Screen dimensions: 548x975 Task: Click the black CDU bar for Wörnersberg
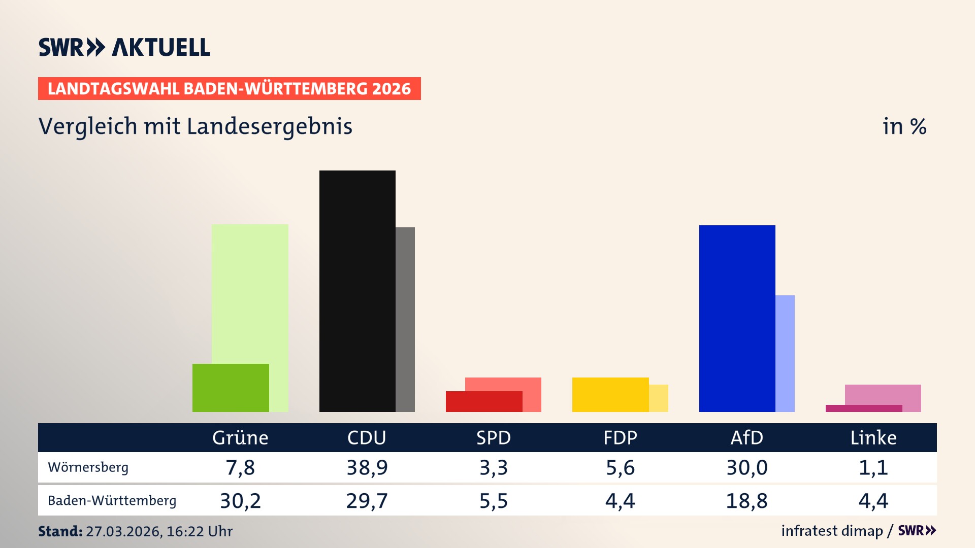point(357,291)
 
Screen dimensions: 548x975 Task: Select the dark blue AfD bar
point(737,318)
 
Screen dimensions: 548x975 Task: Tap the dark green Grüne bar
point(231,388)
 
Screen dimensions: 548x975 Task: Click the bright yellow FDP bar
point(610,394)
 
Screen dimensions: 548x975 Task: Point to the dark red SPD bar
point(484,401)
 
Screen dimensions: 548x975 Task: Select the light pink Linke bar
point(883,394)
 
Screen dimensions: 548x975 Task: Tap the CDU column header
point(367,437)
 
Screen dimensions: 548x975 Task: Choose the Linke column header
point(873,437)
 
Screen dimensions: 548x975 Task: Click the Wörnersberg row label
point(88,467)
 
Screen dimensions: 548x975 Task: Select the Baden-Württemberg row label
point(112,500)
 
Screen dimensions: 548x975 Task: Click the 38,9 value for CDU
point(367,467)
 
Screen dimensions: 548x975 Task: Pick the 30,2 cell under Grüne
point(240,501)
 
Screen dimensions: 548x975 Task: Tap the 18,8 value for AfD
point(746,501)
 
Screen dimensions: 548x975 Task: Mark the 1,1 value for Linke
point(873,467)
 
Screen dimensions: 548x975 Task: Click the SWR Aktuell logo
point(124,47)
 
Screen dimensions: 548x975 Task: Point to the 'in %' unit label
point(904,126)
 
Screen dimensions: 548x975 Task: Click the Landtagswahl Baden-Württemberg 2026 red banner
point(229,88)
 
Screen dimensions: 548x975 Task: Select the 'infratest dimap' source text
point(832,531)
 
